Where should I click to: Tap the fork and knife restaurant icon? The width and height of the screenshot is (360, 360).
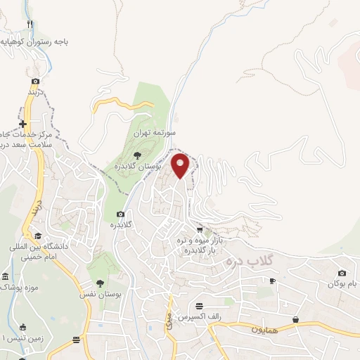pyautogui.click(x=30, y=24)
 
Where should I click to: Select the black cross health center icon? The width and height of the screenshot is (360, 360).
pyautogui.click(x=23, y=124)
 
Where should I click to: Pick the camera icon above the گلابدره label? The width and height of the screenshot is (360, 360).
pyautogui.click(x=120, y=214)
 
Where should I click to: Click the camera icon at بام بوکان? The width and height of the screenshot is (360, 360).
pyautogui.click(x=342, y=273)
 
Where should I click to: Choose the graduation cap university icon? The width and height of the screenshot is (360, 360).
pyautogui.click(x=37, y=236)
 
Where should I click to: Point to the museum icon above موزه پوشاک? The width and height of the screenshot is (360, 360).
pyautogui.click(x=6, y=276)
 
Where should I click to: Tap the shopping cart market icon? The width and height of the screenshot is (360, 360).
pyautogui.click(x=200, y=229)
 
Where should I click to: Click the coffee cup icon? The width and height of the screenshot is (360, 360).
pyautogui.click(x=273, y=281)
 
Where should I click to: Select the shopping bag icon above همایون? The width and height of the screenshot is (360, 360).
pyautogui.click(x=296, y=320)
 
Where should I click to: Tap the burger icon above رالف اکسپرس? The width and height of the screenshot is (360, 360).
pyautogui.click(x=199, y=306)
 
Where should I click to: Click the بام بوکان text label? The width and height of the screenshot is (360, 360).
pyautogui.click(x=342, y=284)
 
